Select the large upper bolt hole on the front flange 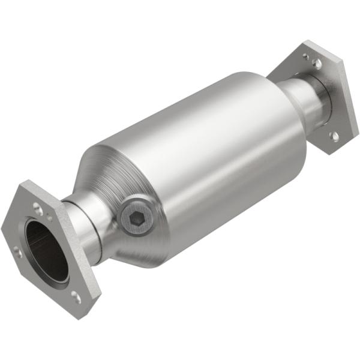point(38,209)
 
